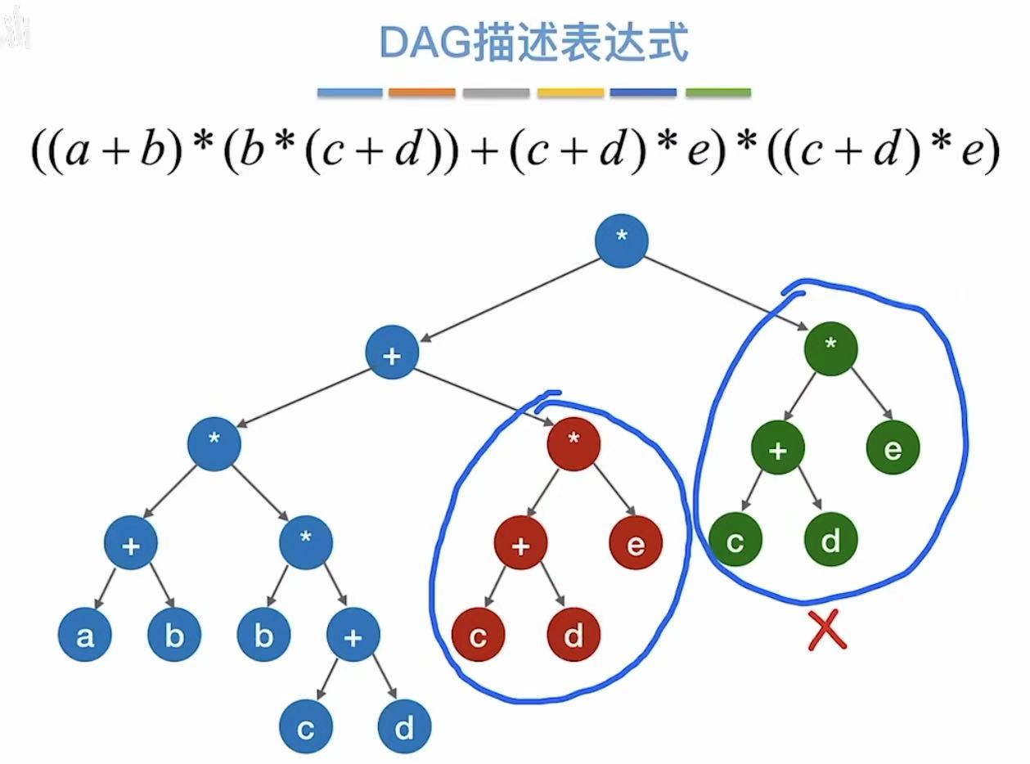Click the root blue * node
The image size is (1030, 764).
622,239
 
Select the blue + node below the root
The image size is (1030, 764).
392,353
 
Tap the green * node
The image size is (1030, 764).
831,347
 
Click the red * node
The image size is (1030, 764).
573,443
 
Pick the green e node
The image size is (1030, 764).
893,448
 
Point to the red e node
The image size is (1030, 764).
636,543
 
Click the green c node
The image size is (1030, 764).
735,541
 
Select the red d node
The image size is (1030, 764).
573,636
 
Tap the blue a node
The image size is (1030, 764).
85,636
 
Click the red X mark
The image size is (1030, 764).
826,631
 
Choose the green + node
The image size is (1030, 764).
778,448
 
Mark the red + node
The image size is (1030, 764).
520,543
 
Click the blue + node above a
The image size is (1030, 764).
130,543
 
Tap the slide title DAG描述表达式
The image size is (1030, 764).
533,43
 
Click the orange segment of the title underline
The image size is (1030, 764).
422,92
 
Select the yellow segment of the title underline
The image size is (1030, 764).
570,92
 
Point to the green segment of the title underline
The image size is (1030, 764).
717,92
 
